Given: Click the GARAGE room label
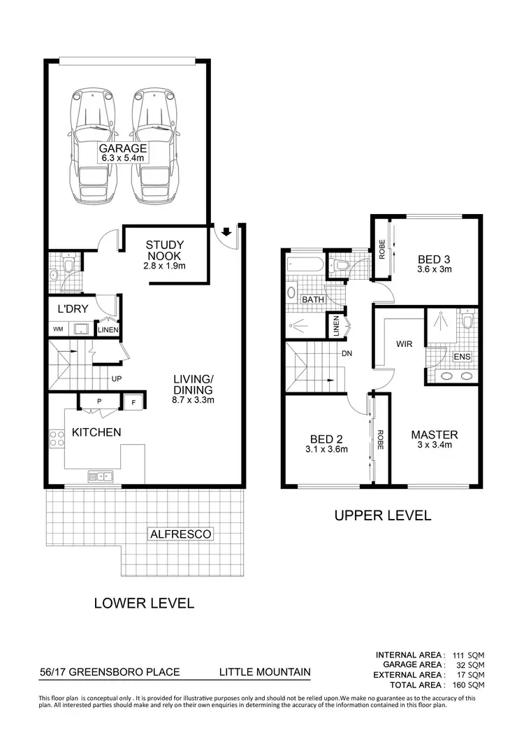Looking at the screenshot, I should point(122,148).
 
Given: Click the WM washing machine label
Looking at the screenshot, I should point(57,329).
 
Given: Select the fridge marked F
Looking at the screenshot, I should point(132,401).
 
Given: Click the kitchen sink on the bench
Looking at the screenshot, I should point(101,476).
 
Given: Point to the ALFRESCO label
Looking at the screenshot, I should point(180,534).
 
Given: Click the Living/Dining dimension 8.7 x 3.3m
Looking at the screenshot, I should point(194,400).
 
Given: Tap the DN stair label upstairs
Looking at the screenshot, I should point(346,353).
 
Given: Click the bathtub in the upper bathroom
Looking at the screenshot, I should point(305,265).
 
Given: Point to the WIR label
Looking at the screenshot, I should point(405,344).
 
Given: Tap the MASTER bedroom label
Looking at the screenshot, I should point(434,434).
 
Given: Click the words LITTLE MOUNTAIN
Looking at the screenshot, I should point(265,672).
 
